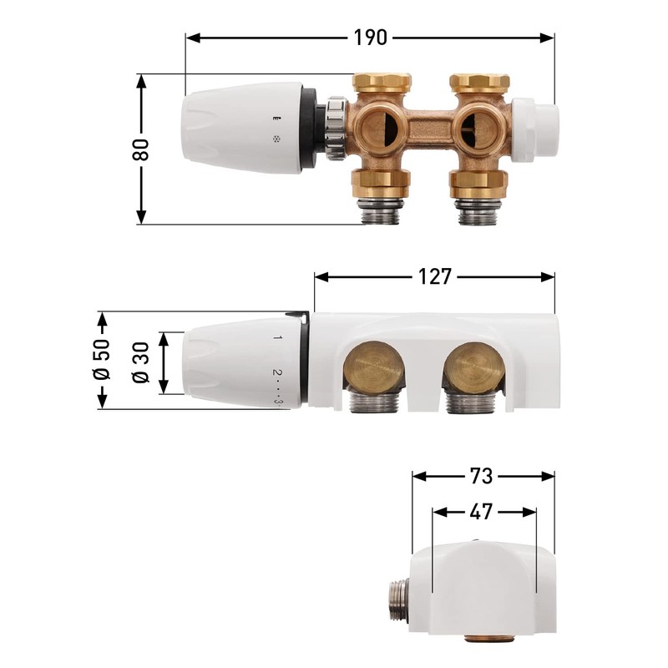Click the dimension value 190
(370, 38)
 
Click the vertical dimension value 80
(141, 149)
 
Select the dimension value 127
(434, 276)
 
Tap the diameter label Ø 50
(102, 361)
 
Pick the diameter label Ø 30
(141, 363)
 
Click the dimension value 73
(482, 476)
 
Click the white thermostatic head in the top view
(238, 127)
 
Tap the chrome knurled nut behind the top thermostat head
(336, 128)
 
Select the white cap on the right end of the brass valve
(532, 130)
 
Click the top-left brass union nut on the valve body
(382, 83)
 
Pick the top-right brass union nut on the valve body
(479, 83)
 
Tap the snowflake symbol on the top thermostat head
(276, 139)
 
